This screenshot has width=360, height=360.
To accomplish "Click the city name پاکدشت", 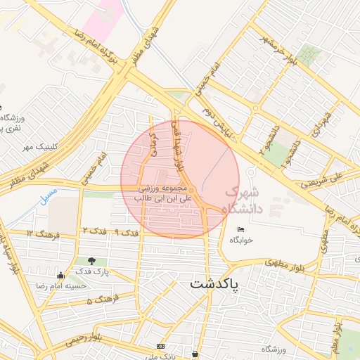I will (214, 285).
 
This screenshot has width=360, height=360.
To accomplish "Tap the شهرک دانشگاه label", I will (241, 200).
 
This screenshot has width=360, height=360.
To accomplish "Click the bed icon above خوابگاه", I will (240, 229).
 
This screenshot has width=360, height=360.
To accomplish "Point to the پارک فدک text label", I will (89, 272).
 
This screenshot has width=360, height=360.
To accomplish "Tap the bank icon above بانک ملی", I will (161, 346).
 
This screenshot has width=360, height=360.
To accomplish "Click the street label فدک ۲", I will (95, 231).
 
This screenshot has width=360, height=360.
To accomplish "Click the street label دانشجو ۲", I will (269, 141).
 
